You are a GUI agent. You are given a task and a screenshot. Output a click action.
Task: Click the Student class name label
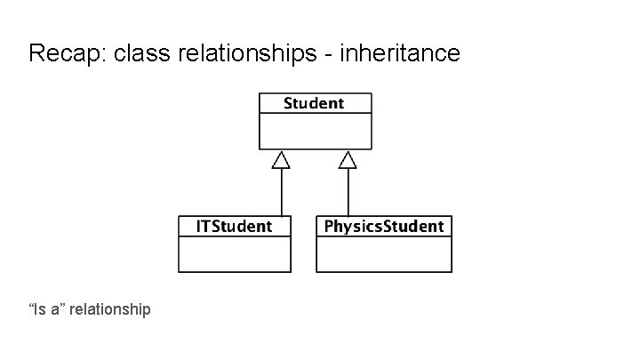tap(314, 103)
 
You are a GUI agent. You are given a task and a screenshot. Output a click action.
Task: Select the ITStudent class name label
tap(234, 226)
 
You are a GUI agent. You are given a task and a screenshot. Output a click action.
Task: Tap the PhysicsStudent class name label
tap(384, 226)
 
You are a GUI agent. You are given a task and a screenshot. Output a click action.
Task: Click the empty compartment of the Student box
tap(315, 131)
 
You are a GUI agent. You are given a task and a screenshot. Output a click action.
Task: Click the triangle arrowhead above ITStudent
tap(282, 160)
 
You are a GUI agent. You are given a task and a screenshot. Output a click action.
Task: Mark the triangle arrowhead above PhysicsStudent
tap(348, 160)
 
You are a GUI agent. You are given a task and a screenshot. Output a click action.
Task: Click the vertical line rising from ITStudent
tap(282, 192)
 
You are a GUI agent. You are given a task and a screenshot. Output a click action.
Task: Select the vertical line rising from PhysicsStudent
tap(348, 192)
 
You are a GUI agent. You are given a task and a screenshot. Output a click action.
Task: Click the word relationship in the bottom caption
tap(110, 309)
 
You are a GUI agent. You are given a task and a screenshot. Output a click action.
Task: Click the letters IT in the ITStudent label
tap(202, 226)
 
